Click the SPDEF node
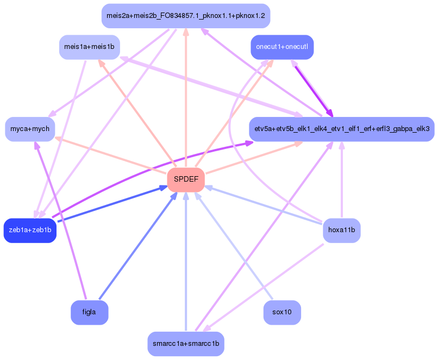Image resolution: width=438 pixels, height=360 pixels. [186, 179]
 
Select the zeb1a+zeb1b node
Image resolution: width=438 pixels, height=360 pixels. [30, 230]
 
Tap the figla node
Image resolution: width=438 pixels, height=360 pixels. [89, 312]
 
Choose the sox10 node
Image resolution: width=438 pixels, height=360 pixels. [282, 312]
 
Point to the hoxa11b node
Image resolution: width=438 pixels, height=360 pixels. [341, 230]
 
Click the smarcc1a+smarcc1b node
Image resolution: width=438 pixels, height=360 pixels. [186, 344]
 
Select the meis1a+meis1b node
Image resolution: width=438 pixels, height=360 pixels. [89, 47]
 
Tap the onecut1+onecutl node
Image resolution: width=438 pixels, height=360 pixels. [282, 47]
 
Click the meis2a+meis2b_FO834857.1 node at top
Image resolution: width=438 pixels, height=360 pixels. [186, 15]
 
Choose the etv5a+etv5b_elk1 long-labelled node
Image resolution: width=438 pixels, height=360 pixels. [341, 129]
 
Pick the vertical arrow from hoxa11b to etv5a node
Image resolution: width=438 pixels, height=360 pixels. [342, 179]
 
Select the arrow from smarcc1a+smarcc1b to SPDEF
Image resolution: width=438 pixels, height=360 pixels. [186, 261]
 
